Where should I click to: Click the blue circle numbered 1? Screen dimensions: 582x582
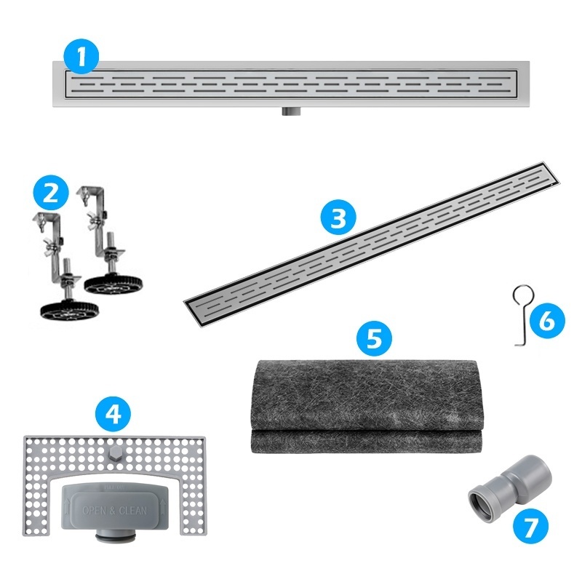(x=81, y=56)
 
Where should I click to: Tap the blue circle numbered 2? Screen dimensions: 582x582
(x=51, y=193)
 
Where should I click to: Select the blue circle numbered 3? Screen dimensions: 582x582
(x=338, y=218)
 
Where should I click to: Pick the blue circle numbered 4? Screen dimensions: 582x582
(x=113, y=414)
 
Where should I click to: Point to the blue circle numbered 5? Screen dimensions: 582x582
(x=374, y=338)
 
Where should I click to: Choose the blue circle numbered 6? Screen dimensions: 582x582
(x=547, y=320)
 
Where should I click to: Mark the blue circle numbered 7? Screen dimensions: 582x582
(x=530, y=525)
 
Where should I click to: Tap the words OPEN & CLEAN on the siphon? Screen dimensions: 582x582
(x=115, y=511)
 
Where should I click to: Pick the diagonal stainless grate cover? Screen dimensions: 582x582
(x=372, y=245)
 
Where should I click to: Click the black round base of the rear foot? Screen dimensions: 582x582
(x=113, y=284)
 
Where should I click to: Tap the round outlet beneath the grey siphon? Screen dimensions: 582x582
(x=115, y=538)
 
